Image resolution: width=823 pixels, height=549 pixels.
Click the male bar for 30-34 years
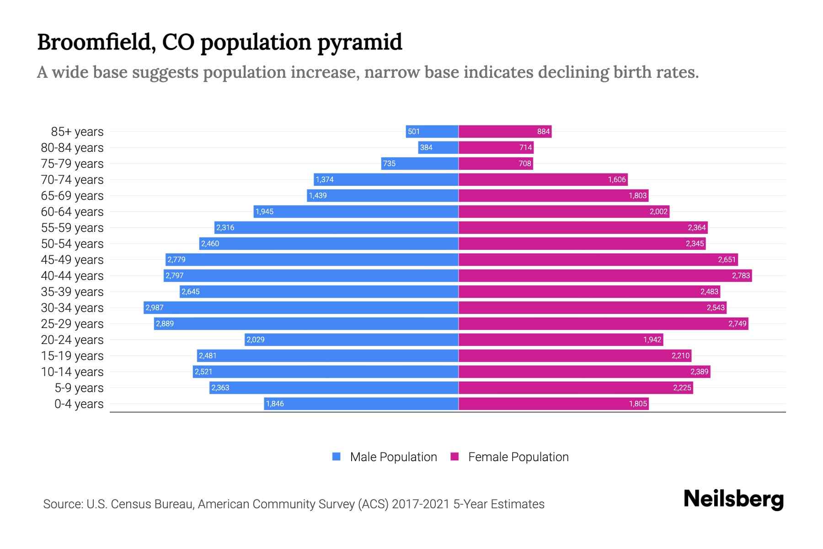point(302,307)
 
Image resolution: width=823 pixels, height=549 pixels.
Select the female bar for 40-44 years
point(604,275)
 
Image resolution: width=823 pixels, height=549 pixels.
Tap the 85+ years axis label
point(77,132)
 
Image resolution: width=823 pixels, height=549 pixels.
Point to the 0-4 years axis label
point(79,404)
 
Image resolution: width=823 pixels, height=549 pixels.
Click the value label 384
point(426,147)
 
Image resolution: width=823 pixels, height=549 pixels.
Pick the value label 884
point(543,132)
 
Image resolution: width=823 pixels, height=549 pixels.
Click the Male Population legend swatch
point(337,457)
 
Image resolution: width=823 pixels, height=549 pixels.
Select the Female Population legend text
point(518,457)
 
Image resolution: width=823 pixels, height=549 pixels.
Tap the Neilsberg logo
point(733,499)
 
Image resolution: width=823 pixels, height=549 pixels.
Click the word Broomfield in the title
point(94,42)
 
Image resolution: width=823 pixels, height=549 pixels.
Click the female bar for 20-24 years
point(560,339)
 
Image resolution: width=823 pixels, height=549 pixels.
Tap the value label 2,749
point(737,324)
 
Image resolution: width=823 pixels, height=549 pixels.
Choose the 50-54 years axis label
point(72,244)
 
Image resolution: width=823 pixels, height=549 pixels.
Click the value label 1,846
point(275,404)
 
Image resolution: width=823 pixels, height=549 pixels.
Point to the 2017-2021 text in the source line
point(421,504)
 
